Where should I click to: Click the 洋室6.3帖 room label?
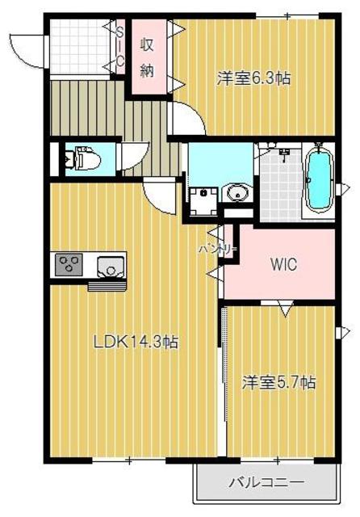(x=253, y=78)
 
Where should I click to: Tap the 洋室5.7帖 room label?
(x=278, y=382)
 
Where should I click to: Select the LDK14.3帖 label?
(x=135, y=342)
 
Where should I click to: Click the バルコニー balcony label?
(x=266, y=482)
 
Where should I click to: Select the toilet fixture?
(x=84, y=158)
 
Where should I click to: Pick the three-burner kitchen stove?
(x=68, y=264)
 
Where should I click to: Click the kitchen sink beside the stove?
(x=108, y=263)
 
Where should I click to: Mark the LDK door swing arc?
(x=159, y=194)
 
